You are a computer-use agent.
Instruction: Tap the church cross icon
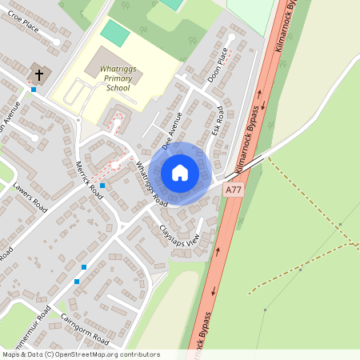[38, 75]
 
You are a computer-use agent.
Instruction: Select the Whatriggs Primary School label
[118, 79]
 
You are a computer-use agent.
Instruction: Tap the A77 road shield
[233, 190]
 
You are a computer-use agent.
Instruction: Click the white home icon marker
[180, 173]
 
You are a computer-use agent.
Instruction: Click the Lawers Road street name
[31, 198]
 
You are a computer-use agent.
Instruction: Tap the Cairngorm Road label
[85, 330]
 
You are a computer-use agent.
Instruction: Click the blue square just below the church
[33, 90]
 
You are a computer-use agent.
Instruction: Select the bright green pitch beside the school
[115, 34]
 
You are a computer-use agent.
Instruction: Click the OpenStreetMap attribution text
[80, 354]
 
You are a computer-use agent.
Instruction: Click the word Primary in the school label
[118, 79]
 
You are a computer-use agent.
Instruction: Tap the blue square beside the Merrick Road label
[102, 186]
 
